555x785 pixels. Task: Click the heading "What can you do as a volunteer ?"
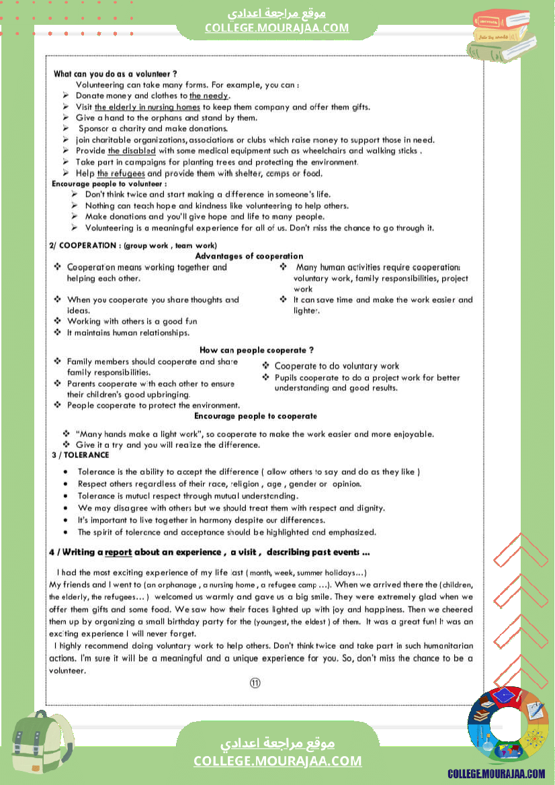coord(116,74)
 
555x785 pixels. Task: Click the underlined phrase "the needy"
coord(209,96)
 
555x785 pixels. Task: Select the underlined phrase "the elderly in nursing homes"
coord(147,107)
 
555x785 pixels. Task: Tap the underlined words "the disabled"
coord(132,151)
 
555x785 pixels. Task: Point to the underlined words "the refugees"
coord(121,173)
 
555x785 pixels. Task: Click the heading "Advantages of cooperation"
coord(249,256)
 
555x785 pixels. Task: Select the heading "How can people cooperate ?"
coord(257,351)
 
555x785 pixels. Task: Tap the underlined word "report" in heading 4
coord(118,553)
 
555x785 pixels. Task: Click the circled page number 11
coord(255,683)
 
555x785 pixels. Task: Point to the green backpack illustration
coord(42,745)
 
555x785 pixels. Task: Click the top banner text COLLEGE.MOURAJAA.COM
coord(277,28)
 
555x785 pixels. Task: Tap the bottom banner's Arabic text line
coord(277,744)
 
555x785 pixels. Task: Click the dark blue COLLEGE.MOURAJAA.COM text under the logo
coord(497,774)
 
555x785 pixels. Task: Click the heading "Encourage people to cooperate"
coord(255,416)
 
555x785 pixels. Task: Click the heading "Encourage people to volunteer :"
coord(110,183)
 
